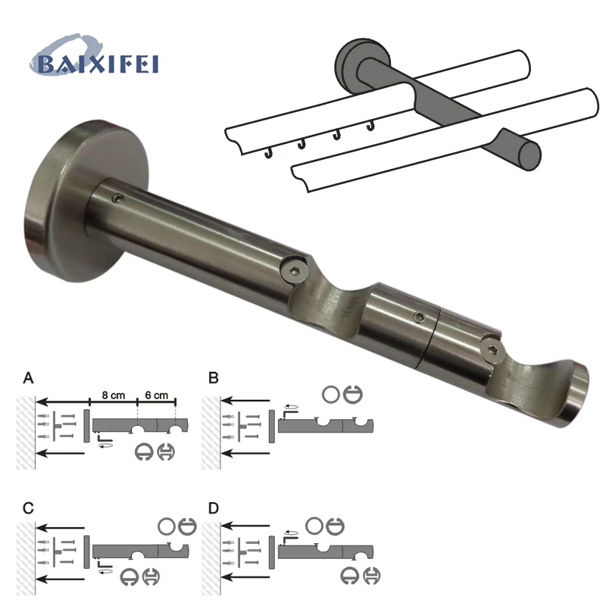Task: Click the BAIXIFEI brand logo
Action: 94,56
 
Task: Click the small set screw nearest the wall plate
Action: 118,198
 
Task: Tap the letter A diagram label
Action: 28,378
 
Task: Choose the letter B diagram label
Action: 214,378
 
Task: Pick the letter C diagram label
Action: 28,508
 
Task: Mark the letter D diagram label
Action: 214,508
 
